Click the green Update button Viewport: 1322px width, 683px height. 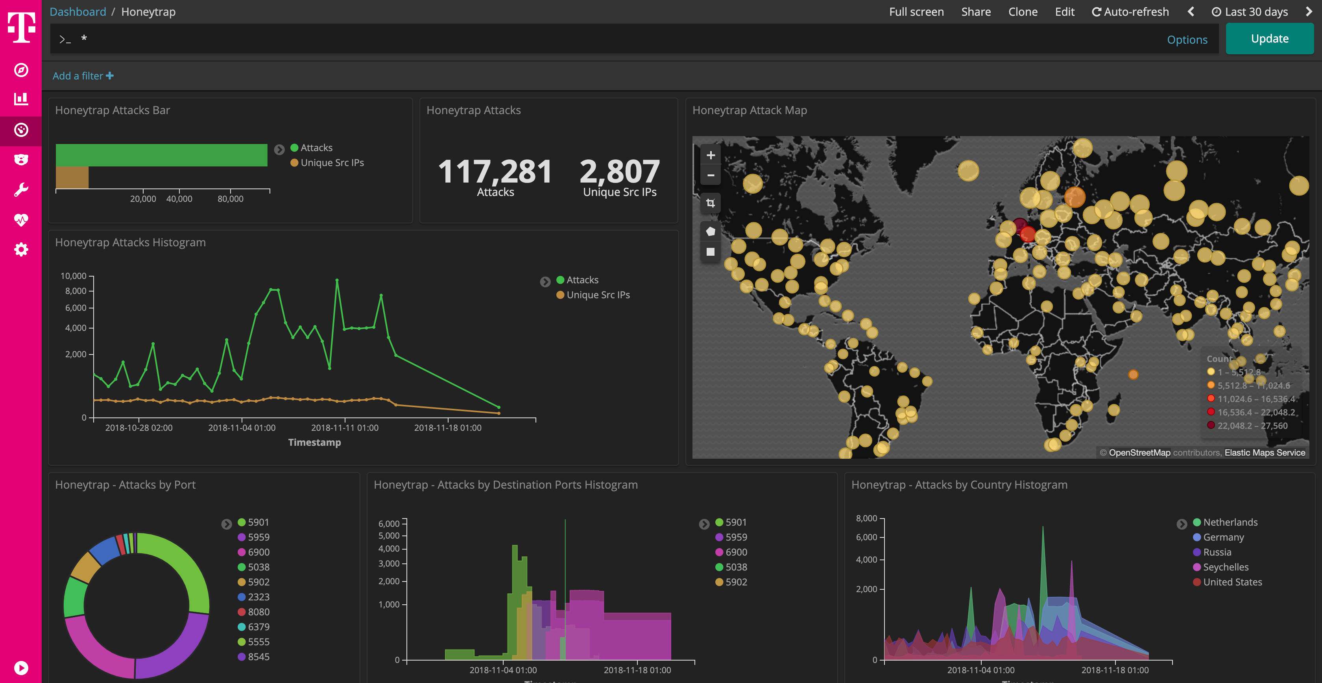[x=1269, y=39]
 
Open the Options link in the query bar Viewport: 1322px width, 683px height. [x=1187, y=39]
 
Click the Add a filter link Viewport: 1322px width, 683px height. [x=83, y=76]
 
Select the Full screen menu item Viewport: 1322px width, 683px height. [x=916, y=12]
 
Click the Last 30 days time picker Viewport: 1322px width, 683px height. [x=1250, y=12]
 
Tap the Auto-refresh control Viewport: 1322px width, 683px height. [x=1130, y=12]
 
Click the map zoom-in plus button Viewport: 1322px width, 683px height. [x=710, y=155]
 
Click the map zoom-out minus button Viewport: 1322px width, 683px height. [x=710, y=175]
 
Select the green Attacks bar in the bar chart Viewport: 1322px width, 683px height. [x=161, y=155]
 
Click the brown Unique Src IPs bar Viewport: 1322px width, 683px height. [x=72, y=177]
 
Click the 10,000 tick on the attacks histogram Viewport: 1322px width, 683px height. [x=74, y=276]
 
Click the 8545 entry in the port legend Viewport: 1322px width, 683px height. [x=258, y=657]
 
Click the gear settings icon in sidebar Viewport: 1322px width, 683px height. [x=21, y=250]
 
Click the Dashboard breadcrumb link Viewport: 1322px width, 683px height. [x=78, y=12]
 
